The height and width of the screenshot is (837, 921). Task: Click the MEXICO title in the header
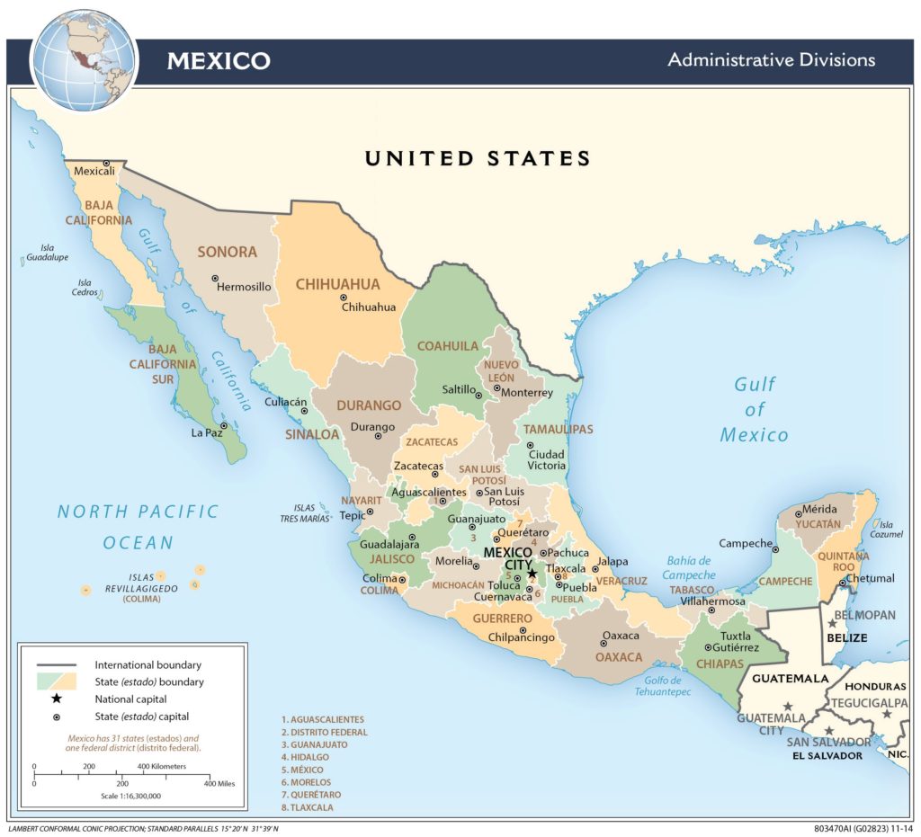pos(218,61)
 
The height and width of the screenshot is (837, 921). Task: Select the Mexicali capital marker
pos(106,162)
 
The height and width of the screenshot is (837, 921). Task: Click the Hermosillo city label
pos(244,287)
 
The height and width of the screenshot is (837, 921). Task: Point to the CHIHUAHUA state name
pos(337,284)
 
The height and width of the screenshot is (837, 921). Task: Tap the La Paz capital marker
pos(223,426)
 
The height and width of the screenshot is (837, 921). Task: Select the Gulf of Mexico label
pos(754,410)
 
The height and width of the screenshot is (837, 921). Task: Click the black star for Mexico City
pos(532,574)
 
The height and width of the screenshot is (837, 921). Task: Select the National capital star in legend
pos(56,699)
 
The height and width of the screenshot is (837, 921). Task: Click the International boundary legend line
pos(56,664)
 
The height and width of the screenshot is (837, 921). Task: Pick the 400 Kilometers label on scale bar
pos(161,766)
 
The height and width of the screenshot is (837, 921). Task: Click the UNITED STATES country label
pos(477,159)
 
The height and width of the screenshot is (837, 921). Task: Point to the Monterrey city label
pos(527,393)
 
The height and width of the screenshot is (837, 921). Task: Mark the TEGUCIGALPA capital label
pos(869,702)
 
